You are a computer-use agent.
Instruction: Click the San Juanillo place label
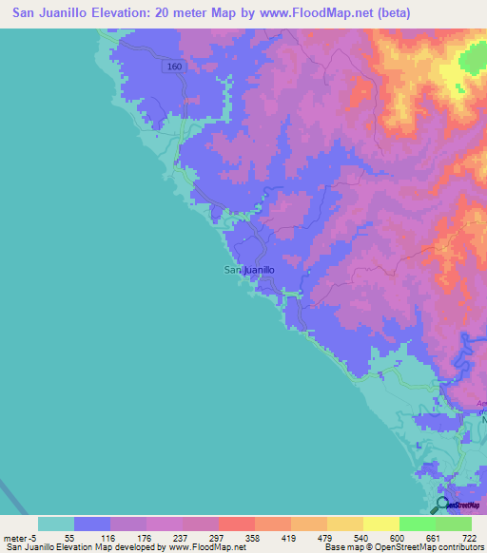click(249, 270)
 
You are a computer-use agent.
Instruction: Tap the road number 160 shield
click(173, 67)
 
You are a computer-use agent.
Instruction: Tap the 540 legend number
click(352, 537)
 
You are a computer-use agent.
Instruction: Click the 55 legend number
click(68, 537)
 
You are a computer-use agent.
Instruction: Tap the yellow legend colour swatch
click(381, 524)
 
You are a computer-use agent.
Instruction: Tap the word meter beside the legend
click(17, 537)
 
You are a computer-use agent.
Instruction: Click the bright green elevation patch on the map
click(473, 63)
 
